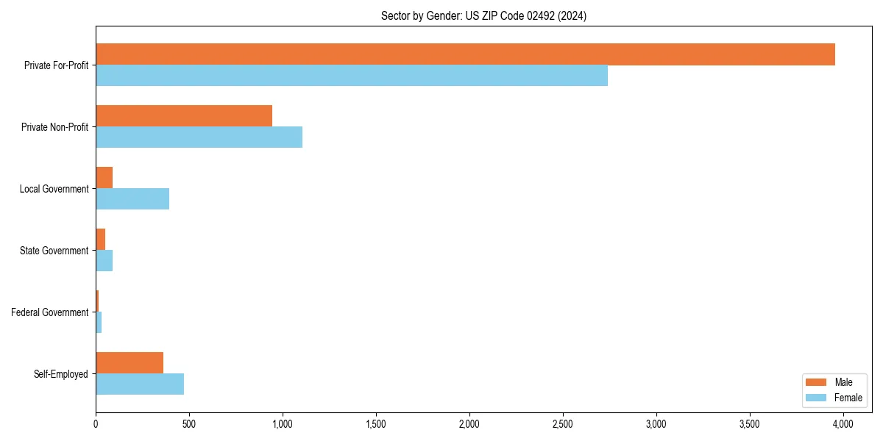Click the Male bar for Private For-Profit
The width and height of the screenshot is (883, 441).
pyautogui.click(x=465, y=54)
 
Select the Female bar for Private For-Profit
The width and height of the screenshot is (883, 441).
pyautogui.click(x=352, y=76)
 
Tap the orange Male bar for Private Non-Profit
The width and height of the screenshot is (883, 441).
pyautogui.click(x=184, y=116)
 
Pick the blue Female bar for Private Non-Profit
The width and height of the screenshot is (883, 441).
pyautogui.click(x=199, y=137)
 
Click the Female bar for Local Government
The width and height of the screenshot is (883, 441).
pyautogui.click(x=132, y=199)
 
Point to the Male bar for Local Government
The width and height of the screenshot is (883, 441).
pyautogui.click(x=104, y=178)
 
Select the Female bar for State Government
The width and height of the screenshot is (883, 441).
pyautogui.click(x=104, y=261)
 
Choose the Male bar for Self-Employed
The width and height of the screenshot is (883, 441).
pyautogui.click(x=130, y=363)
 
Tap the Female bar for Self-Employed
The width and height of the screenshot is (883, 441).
pyautogui.click(x=140, y=384)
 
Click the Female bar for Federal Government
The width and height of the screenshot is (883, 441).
pyautogui.click(x=99, y=323)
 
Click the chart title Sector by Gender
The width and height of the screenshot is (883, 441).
pyautogui.click(x=483, y=15)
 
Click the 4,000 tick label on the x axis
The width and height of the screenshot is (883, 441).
pyautogui.click(x=843, y=424)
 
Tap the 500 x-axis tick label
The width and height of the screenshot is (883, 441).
pyautogui.click(x=189, y=424)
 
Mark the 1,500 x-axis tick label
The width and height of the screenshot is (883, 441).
pyautogui.click(x=376, y=424)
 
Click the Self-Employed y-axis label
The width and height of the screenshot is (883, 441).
pyautogui.click(x=61, y=374)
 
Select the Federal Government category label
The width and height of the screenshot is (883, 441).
pyautogui.click(x=50, y=312)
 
